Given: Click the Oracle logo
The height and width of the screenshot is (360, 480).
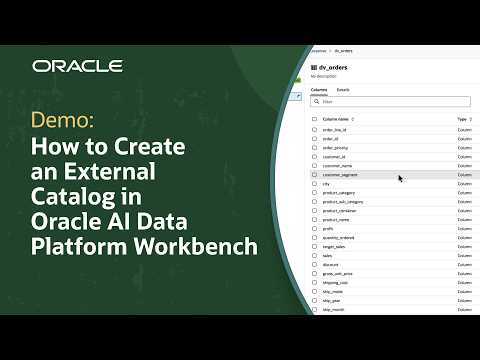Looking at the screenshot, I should [x=77, y=66].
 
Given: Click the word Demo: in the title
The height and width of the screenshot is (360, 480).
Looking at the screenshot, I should [x=62, y=121].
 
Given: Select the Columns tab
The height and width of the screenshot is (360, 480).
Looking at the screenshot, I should [x=318, y=90].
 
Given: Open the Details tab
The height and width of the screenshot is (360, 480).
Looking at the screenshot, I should [x=343, y=90].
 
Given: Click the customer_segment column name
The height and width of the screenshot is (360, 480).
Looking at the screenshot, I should [x=341, y=174].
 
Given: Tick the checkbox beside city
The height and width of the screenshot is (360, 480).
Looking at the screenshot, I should [x=314, y=183].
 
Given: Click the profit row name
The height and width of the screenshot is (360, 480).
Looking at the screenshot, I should [x=328, y=228].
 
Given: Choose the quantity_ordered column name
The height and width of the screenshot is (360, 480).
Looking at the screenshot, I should [x=340, y=237].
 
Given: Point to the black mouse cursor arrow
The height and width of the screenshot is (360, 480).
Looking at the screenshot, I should [x=400, y=178].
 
